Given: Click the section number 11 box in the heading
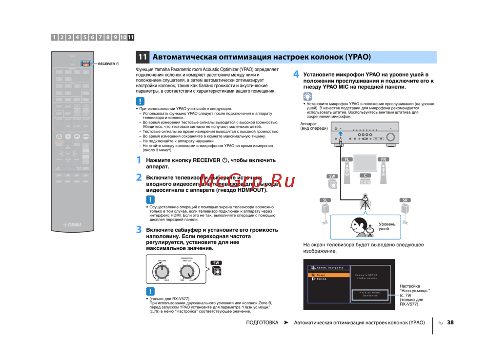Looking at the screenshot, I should (x=142, y=57).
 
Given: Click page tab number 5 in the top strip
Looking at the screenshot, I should (x=85, y=37).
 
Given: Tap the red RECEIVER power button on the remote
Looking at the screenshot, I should (x=85, y=63).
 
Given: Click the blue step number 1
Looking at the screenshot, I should (x=139, y=160).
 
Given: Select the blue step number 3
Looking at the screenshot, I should (x=139, y=229).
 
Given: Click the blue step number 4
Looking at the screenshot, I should (x=296, y=75).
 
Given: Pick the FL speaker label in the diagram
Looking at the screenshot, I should (x=346, y=160).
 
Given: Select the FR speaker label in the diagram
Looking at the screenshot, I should (x=384, y=160).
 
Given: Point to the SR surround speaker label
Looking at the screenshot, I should (x=405, y=200).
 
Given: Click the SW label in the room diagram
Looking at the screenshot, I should (x=332, y=176).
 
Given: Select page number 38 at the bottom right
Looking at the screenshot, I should (x=450, y=322).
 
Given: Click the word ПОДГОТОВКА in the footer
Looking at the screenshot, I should (x=262, y=322).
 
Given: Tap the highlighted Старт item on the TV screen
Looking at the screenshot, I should (x=322, y=275).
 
